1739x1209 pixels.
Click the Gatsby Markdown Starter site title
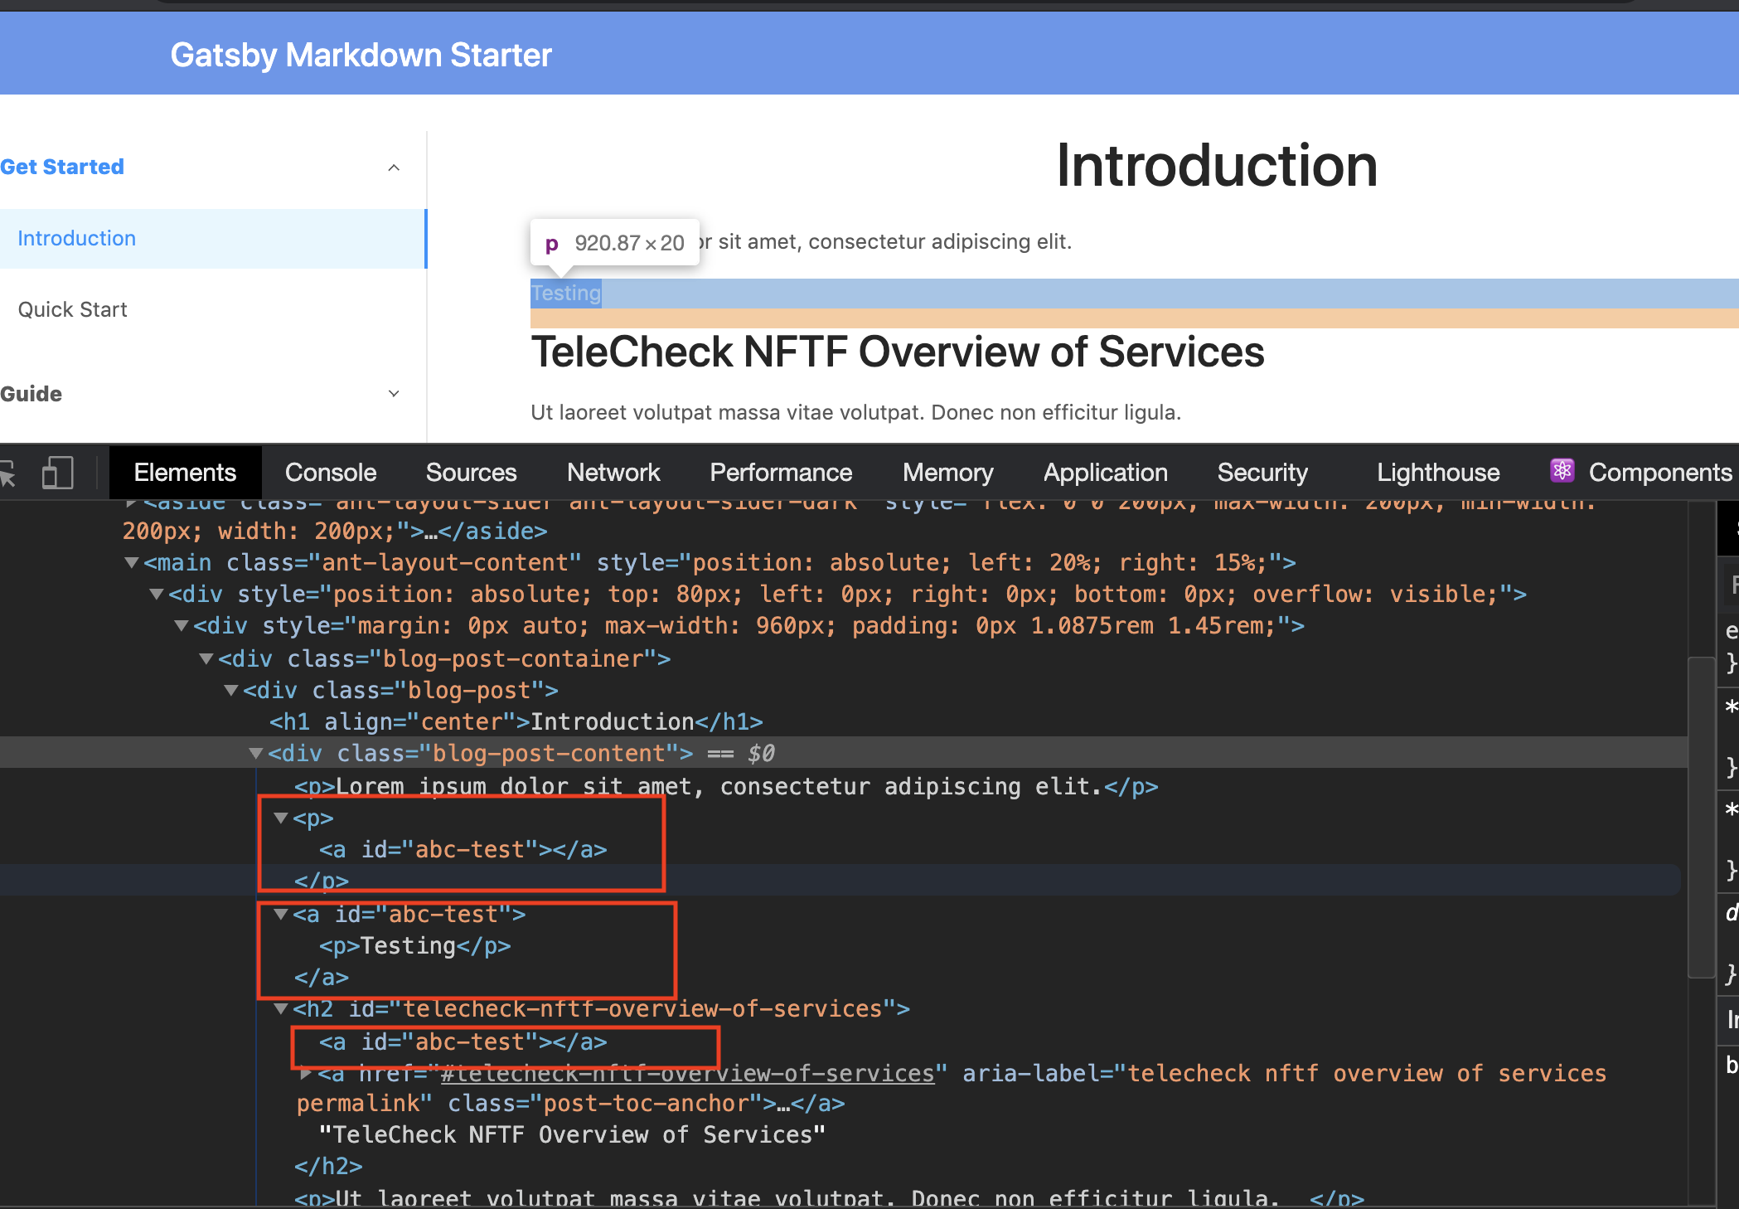click(361, 56)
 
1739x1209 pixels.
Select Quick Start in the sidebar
click(73, 309)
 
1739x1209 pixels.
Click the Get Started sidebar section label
click(62, 167)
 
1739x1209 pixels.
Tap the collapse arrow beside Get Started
click(394, 168)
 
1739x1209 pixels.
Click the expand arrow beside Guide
click(394, 394)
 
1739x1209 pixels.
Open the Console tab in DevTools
click(331, 473)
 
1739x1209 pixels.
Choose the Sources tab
click(471, 473)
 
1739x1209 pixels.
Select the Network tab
click(613, 473)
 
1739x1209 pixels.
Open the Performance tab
click(781, 473)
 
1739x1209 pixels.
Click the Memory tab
click(947, 473)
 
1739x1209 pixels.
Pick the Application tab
click(1105, 473)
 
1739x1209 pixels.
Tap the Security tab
click(1262, 473)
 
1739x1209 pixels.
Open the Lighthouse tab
click(1438, 473)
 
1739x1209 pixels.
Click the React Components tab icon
click(1562, 471)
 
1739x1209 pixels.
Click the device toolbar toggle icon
click(57, 473)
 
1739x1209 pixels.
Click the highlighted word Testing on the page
click(566, 293)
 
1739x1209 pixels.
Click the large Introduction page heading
click(1217, 166)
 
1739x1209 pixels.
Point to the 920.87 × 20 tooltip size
click(629, 243)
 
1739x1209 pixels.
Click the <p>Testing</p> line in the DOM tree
click(414, 946)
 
